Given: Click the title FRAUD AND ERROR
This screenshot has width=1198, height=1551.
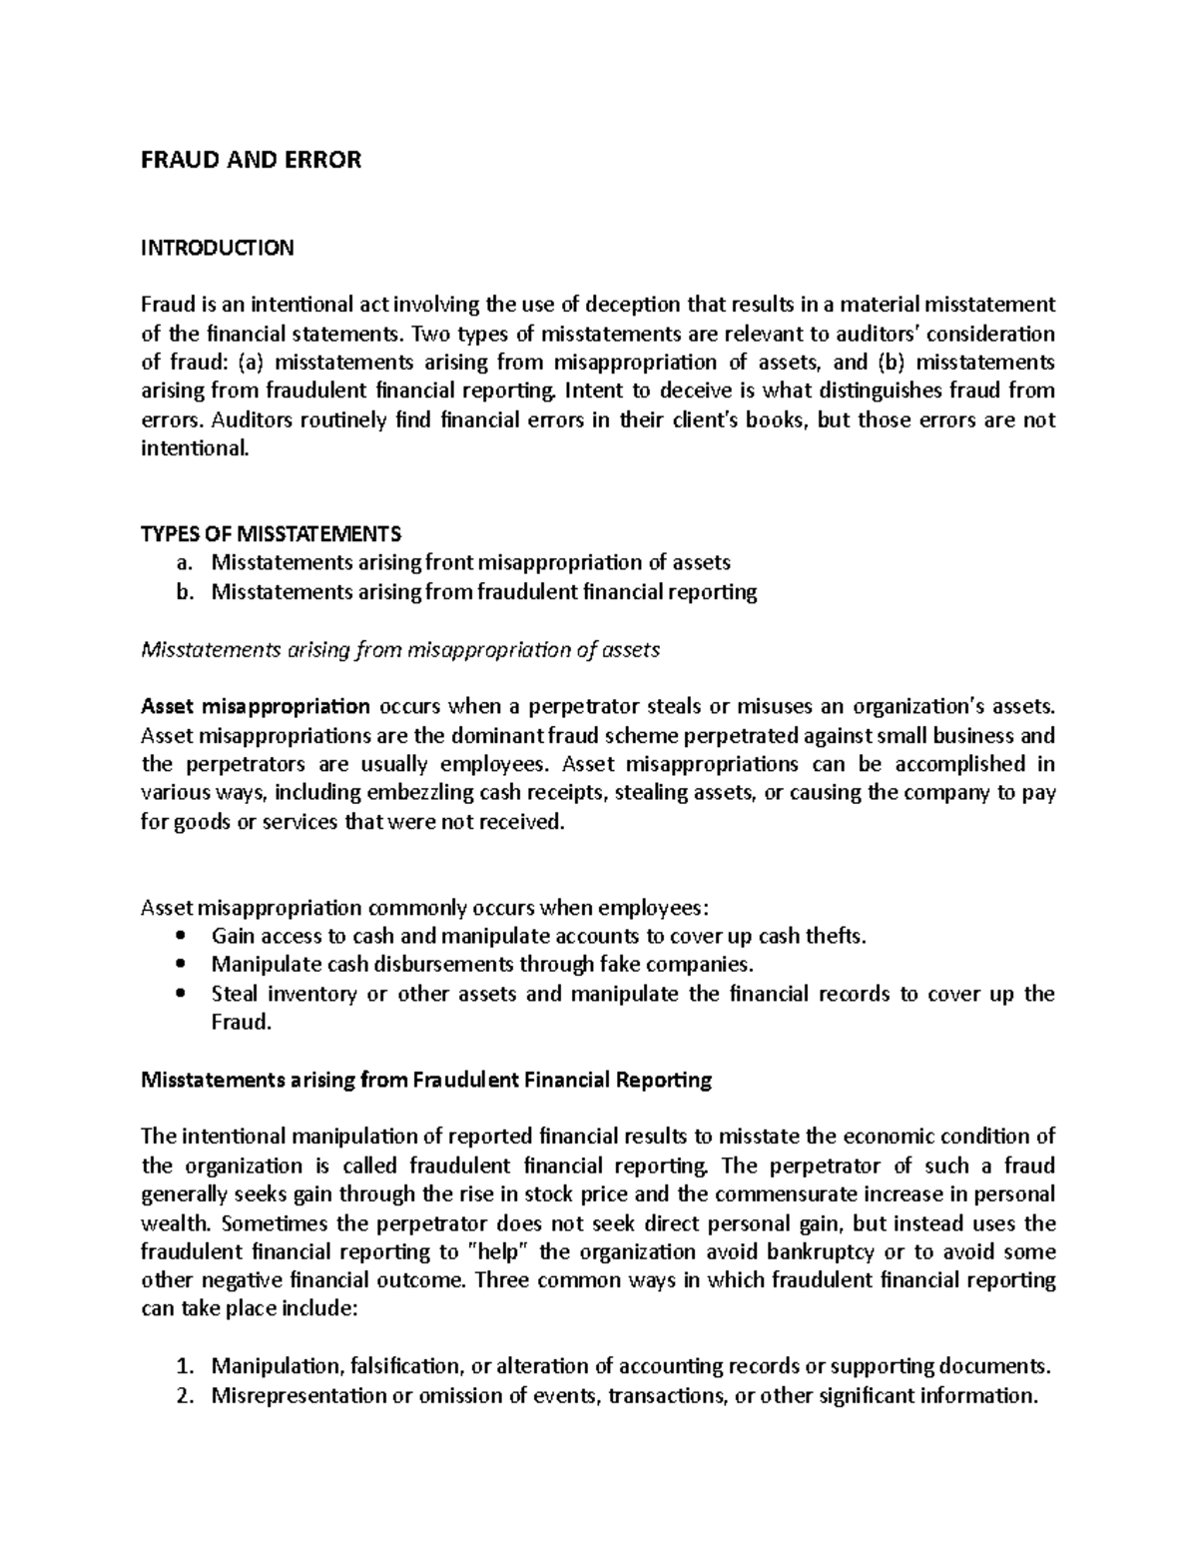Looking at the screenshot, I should tap(251, 160).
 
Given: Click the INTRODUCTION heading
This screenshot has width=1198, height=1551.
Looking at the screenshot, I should tap(217, 248).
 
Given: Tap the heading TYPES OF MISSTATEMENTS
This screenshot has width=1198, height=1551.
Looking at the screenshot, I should tap(271, 533).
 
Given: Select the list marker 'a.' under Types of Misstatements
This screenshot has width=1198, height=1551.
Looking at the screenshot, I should tap(182, 562).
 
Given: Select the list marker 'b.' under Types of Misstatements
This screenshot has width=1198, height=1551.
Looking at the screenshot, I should tap(182, 591).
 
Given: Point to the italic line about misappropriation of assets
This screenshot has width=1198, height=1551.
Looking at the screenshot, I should tap(400, 650).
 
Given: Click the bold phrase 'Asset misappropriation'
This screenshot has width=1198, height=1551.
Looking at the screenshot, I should tap(255, 707).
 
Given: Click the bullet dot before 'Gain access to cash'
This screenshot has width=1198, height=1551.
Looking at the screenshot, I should tap(180, 937).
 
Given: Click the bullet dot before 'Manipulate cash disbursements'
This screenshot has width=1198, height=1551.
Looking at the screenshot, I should tap(180, 966).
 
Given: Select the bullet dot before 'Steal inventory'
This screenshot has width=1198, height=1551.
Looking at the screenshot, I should tap(180, 995).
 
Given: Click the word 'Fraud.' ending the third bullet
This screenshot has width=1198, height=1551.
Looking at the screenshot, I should tap(241, 1023).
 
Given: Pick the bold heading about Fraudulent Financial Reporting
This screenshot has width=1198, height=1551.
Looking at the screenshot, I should tap(426, 1080).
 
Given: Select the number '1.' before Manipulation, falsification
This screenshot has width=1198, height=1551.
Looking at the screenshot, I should tap(182, 1366).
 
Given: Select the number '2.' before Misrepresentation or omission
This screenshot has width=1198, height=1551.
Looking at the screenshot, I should tap(182, 1395).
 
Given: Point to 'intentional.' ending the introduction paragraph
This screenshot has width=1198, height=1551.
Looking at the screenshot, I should tap(191, 448).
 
